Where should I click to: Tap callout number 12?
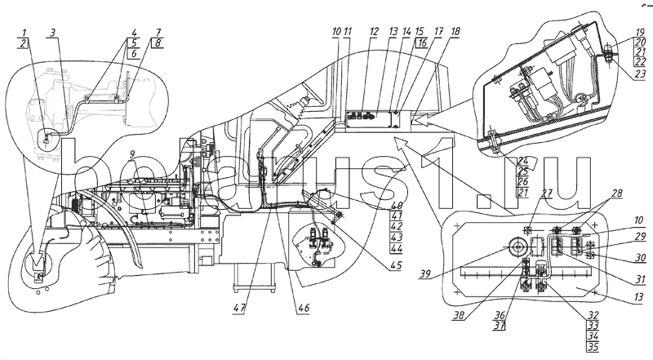click(x=374, y=32)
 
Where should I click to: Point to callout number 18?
click(x=455, y=32)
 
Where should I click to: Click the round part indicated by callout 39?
click(x=516, y=248)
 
